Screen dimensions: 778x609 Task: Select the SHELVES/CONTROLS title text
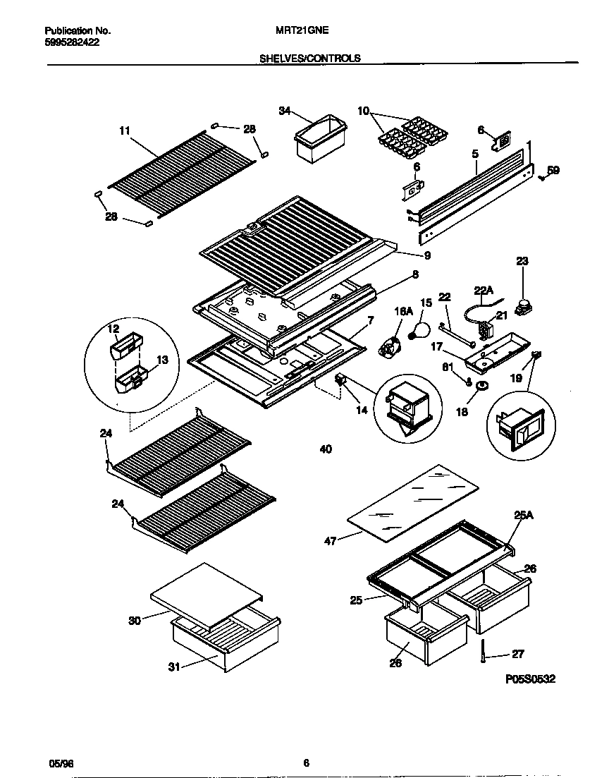click(x=310, y=59)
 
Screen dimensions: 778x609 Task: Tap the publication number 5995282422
click(x=72, y=42)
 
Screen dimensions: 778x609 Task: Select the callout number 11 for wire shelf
click(x=125, y=130)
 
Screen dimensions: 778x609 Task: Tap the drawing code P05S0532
click(x=531, y=680)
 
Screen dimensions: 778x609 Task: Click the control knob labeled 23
click(x=522, y=306)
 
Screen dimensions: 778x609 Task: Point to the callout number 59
click(x=554, y=170)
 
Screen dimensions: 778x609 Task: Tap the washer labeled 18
click(x=481, y=386)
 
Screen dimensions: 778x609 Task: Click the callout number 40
click(x=325, y=449)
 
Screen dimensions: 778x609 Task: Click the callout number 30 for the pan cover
click(x=135, y=621)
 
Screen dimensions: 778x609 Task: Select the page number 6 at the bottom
click(x=306, y=762)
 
